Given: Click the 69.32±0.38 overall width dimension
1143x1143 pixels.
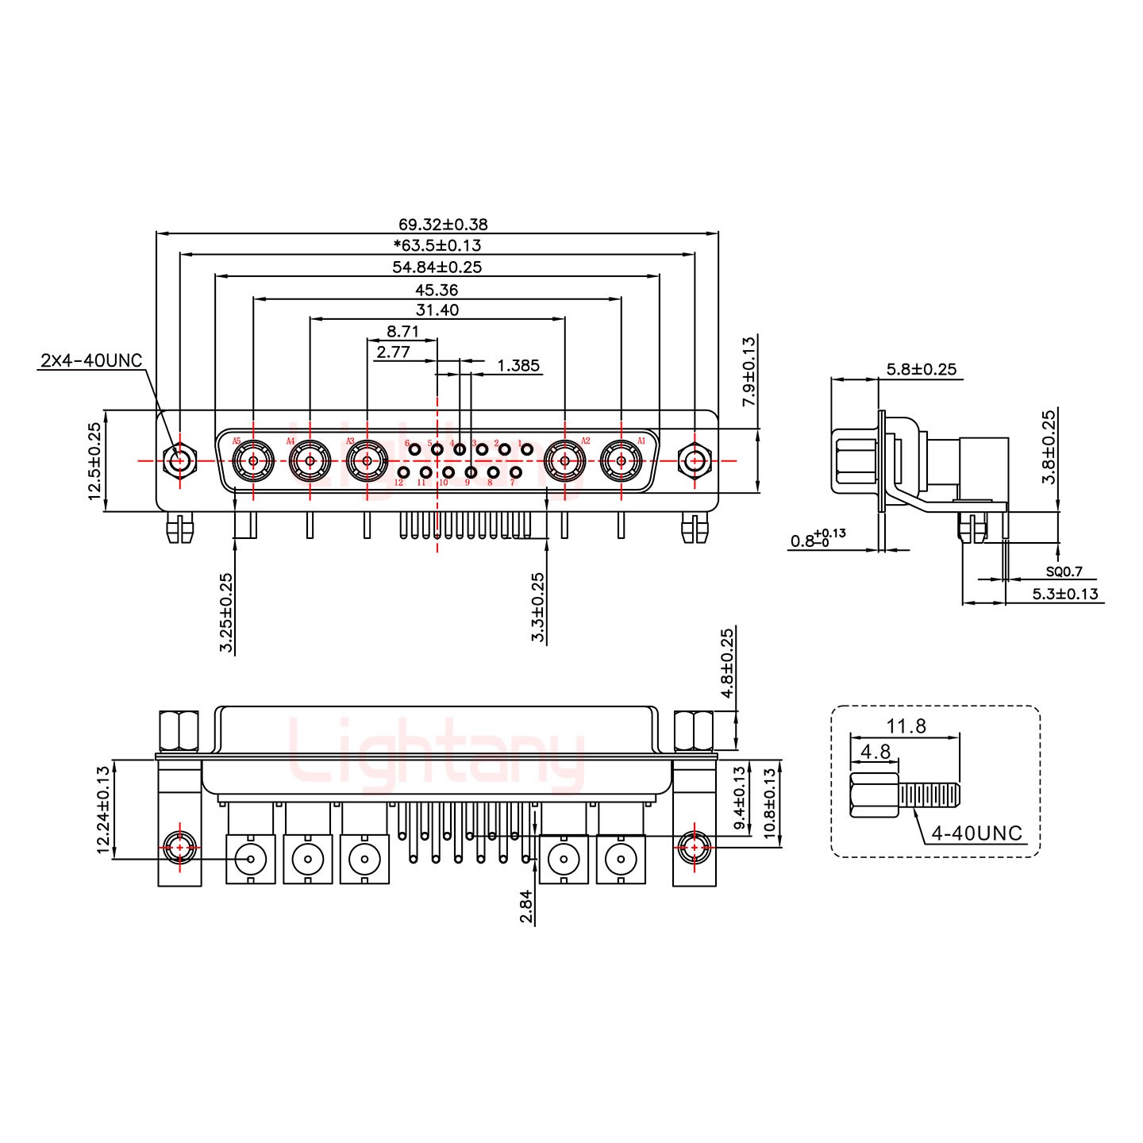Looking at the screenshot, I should (437, 225).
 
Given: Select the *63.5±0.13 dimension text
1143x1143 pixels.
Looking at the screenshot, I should (437, 246).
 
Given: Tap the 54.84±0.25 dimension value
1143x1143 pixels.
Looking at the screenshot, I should (437, 267).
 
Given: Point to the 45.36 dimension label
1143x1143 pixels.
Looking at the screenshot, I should (437, 290).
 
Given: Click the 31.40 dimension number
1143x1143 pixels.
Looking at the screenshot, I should (437, 310).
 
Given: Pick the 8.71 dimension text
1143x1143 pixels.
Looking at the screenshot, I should (402, 332).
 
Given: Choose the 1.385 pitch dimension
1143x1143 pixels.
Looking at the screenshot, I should (518, 366).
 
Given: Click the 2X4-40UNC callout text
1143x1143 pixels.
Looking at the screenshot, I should (90, 361).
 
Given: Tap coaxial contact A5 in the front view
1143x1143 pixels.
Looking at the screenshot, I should (253, 460).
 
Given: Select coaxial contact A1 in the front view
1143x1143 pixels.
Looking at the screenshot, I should (621, 460).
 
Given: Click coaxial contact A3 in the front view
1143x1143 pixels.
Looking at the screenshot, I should (367, 460).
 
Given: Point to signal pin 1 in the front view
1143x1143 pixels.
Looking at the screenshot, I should (526, 450).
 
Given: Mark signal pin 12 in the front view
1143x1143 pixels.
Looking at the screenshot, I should (403, 473).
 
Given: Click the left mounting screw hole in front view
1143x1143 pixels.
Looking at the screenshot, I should (180, 460).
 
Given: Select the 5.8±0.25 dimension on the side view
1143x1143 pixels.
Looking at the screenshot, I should (921, 369).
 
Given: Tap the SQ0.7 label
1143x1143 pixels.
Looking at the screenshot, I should (1064, 571).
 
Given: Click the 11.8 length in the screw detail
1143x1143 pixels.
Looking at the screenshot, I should (906, 726).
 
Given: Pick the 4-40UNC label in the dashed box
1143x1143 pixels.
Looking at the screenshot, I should (977, 834).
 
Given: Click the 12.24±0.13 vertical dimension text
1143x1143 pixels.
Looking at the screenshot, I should (102, 810).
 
